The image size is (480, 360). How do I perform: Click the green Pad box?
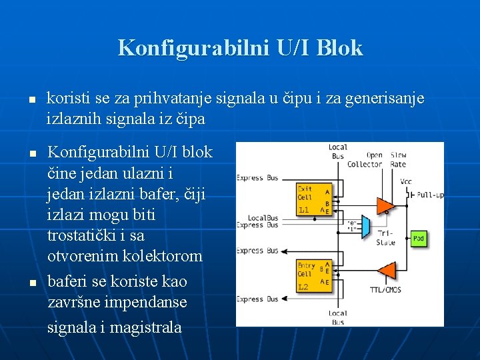point(418,239)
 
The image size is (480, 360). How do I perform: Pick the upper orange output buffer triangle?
point(385,205)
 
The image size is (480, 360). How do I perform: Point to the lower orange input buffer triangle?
point(386,270)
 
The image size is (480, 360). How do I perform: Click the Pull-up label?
point(430,195)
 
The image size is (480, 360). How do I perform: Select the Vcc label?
point(406,181)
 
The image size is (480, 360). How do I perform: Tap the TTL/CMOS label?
point(385,290)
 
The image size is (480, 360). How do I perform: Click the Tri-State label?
point(385,238)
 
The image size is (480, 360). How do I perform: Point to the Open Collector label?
point(365,160)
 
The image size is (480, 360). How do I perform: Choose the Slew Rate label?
point(399,160)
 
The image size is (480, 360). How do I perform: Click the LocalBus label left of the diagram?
point(263,217)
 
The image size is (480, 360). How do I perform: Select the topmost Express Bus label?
point(257,178)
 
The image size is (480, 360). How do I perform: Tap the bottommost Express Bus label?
point(257,299)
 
